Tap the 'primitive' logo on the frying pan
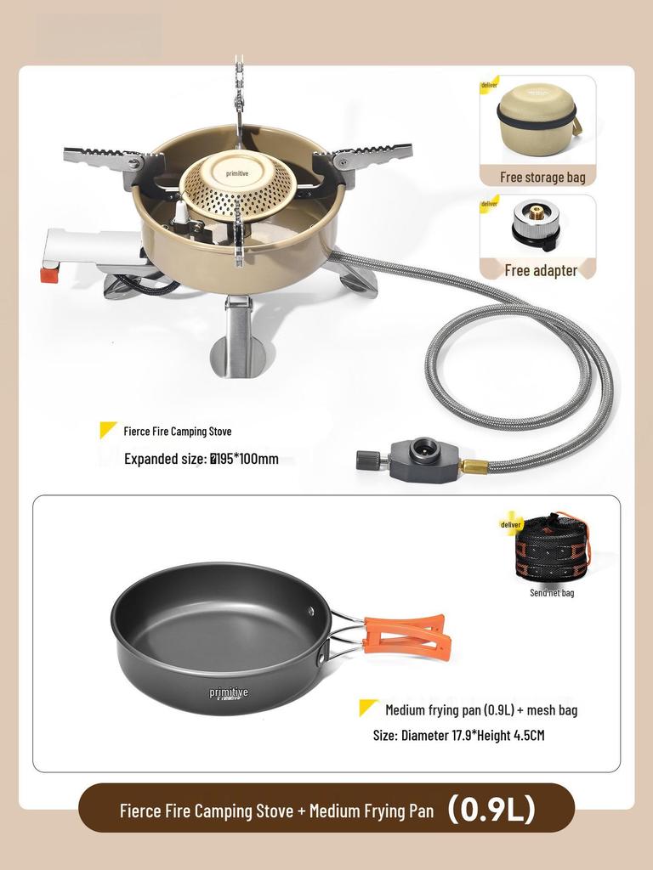coord(229,693)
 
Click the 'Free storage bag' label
coord(542,177)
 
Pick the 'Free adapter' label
coord(541,270)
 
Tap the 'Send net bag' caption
coord(552,592)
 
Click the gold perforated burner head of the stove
coord(236,185)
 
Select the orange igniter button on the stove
coord(50,275)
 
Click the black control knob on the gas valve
coord(367,460)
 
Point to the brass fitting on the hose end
coord(474,466)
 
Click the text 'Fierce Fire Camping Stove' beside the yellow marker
coord(177,432)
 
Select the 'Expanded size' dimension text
coord(202,459)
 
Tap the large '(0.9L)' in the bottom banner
coord(492,809)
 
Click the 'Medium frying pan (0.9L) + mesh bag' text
coord(480,709)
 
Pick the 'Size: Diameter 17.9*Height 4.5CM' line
coord(458,735)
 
